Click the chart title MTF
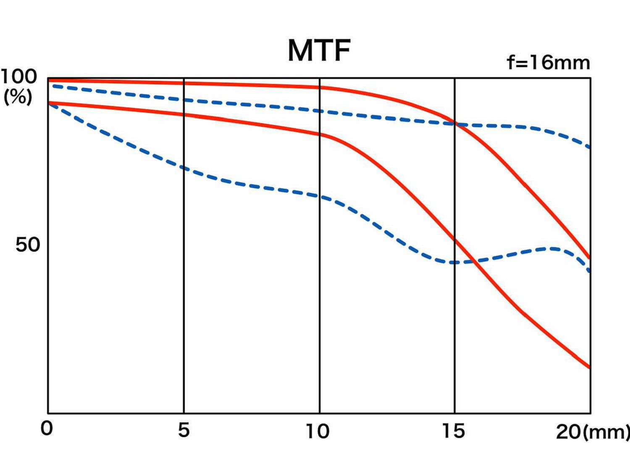click(319, 51)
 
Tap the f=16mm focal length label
click(548, 63)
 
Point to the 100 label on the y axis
click(19, 77)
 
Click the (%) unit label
click(18, 97)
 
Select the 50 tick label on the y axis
click(28, 245)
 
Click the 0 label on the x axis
click(47, 429)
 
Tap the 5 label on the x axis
click(184, 430)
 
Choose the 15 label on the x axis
click(454, 431)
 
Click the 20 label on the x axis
click(568, 432)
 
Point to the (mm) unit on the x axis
click(606, 432)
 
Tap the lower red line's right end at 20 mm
click(590, 368)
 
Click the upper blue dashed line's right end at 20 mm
click(590, 147)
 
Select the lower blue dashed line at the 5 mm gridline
click(184, 168)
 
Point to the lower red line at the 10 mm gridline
click(320, 134)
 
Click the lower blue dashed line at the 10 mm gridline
click(320, 196)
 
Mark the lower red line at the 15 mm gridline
click(454, 240)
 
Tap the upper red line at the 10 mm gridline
click(320, 87)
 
